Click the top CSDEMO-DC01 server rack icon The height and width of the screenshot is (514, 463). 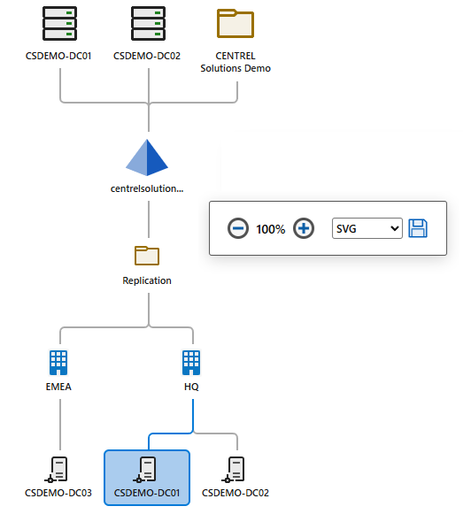pyautogui.click(x=59, y=23)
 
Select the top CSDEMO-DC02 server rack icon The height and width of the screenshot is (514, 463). pyautogui.click(x=147, y=23)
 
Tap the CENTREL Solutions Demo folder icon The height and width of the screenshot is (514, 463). pyautogui.click(x=235, y=23)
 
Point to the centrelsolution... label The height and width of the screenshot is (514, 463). pyautogui.click(x=147, y=188)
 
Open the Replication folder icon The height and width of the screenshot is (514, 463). pyautogui.click(x=147, y=256)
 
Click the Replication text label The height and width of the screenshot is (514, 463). pyautogui.click(x=147, y=280)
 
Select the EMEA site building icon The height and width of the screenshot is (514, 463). pyautogui.click(x=59, y=361)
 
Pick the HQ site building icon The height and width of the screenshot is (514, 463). pyautogui.click(x=191, y=361)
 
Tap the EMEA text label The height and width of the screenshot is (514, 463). pyautogui.click(x=59, y=387)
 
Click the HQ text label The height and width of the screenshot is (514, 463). pyautogui.click(x=191, y=387)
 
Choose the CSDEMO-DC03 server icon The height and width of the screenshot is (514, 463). pyautogui.click(x=59, y=468)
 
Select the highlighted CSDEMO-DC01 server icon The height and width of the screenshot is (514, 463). pyautogui.click(x=147, y=468)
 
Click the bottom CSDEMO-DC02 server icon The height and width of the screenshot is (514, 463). pyautogui.click(x=235, y=468)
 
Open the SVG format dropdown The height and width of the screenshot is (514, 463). pyautogui.click(x=367, y=228)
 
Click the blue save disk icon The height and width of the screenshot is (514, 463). pyautogui.click(x=418, y=228)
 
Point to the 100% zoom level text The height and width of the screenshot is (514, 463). pyautogui.click(x=271, y=229)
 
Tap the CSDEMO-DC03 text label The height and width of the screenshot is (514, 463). pyautogui.click(x=59, y=493)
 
